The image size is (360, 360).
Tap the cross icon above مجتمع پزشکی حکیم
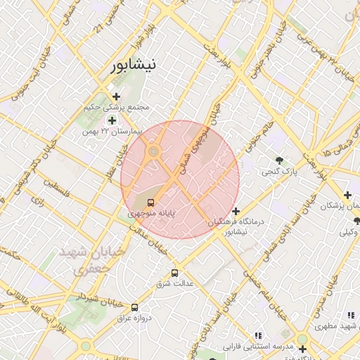[x=116, y=96]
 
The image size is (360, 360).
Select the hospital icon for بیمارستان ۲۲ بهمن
[x=112, y=120]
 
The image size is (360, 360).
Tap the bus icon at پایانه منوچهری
[x=152, y=202]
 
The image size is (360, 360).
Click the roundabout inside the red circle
[x=153, y=151]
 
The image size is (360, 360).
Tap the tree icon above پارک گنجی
[x=281, y=160]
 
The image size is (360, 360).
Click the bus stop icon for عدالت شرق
[x=174, y=273]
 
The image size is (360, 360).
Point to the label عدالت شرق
[x=174, y=283]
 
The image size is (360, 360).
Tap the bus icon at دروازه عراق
[x=134, y=307]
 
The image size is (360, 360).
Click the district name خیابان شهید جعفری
[x=92, y=259]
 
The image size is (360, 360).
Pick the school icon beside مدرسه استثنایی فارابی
[x=258, y=336]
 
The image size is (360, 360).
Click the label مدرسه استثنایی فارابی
[x=257, y=347]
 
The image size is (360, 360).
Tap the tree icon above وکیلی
[x=356, y=221]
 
